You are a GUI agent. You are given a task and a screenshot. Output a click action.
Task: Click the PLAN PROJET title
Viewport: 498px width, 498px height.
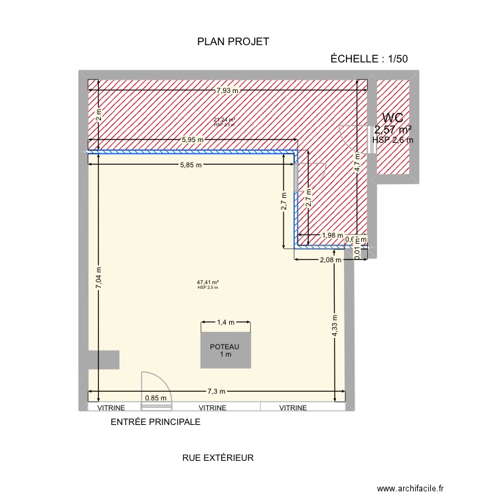coord(233,42)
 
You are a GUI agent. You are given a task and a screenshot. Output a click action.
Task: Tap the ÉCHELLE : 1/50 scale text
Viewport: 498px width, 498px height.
coord(369,58)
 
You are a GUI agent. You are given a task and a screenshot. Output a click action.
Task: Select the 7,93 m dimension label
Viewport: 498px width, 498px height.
coord(228,90)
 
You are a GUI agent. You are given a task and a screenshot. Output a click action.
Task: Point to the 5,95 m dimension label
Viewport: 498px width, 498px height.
coord(193,140)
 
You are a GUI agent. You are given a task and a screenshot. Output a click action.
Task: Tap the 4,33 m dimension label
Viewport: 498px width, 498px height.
coord(335,325)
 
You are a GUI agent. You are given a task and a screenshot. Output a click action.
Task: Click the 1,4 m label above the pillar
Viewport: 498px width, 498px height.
coord(226,322)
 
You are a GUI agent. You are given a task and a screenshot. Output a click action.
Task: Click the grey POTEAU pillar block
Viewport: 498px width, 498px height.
coord(226,352)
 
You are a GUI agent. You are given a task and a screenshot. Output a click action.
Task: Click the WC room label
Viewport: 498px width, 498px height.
coord(393,118)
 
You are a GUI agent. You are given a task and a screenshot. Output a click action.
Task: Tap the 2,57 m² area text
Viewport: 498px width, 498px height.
coord(393,129)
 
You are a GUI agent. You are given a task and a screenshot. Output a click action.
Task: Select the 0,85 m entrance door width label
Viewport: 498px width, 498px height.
coord(156,398)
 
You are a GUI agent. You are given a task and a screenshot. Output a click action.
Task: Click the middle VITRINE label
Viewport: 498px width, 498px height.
coord(212,408)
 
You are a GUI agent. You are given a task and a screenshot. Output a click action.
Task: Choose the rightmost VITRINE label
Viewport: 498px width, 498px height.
coord(293,408)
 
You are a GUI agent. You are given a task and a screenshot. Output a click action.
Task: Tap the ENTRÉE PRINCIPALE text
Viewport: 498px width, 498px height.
coord(155,422)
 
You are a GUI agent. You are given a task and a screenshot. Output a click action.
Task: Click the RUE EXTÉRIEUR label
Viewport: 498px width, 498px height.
coord(218,457)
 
